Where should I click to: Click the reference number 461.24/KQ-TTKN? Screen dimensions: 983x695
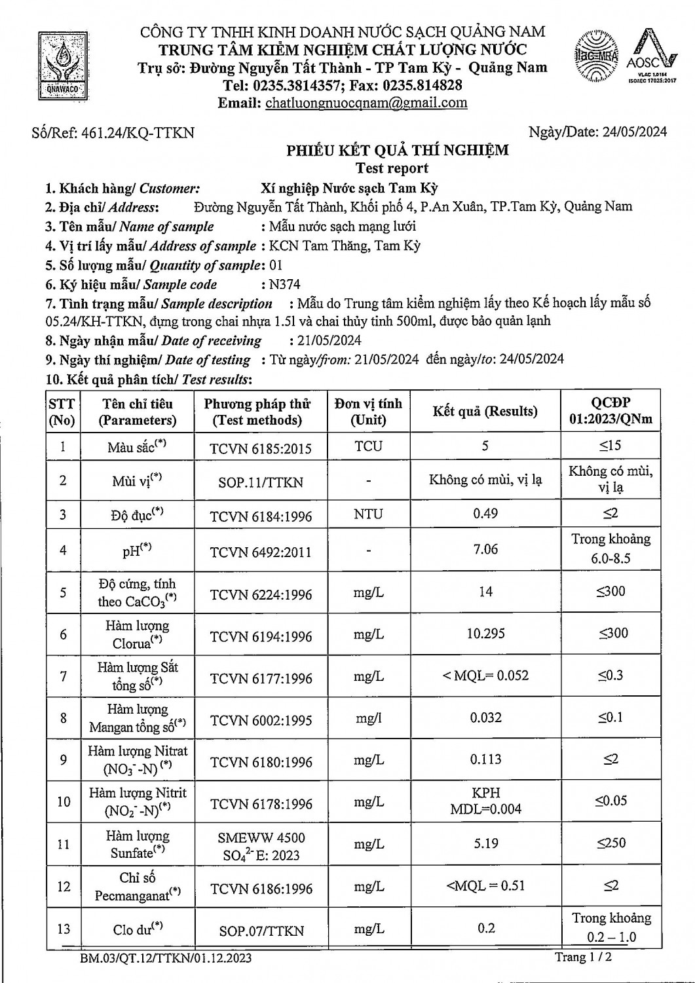coord(138,132)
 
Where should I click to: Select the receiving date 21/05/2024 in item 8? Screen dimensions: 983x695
coord(325,341)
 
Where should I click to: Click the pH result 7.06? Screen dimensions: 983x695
coord(485,549)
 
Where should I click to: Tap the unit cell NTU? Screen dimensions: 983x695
coord(368,514)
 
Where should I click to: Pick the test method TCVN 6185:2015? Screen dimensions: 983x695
coord(260,449)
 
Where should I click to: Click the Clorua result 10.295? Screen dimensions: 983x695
coord(485,634)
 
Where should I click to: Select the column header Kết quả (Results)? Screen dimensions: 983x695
coord(485,412)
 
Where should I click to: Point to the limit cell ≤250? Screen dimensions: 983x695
coord(610,843)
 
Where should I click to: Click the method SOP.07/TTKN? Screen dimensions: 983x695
coord(261,931)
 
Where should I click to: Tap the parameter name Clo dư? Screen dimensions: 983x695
coord(137,929)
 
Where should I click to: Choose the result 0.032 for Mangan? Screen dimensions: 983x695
coord(485,718)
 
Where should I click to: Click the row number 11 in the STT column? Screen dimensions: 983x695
coord(63,844)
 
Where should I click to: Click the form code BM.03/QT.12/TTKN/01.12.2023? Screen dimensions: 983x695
coord(166,959)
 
